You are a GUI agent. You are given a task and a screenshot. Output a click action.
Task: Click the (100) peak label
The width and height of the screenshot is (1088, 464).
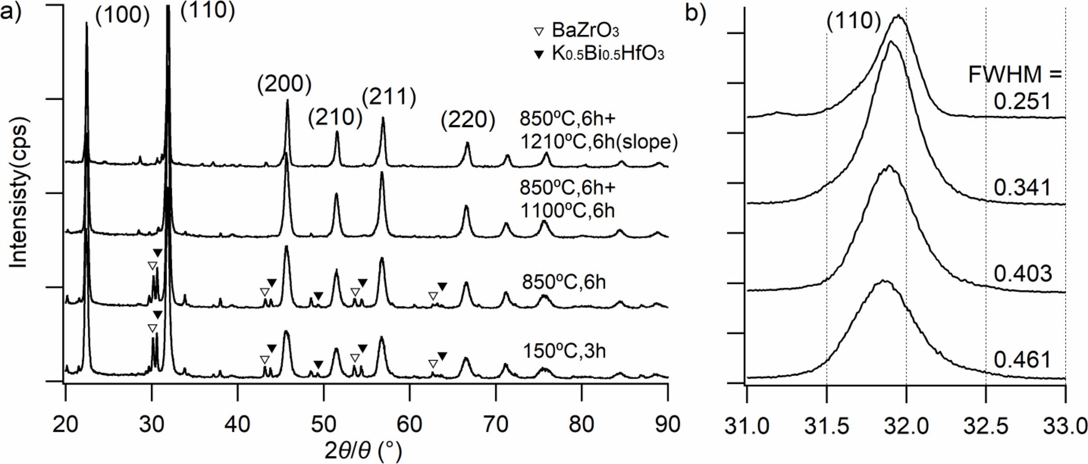(122, 16)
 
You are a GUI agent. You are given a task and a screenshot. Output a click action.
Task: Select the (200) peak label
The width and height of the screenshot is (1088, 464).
(284, 84)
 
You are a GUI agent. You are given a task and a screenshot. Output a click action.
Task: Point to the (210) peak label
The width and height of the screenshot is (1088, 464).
(335, 118)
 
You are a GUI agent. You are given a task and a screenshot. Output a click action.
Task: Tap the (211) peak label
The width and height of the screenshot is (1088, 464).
(389, 97)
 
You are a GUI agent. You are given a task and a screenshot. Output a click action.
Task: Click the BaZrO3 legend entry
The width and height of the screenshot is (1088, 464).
(578, 31)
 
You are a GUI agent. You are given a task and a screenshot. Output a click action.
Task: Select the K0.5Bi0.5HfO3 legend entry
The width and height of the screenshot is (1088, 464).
(599, 54)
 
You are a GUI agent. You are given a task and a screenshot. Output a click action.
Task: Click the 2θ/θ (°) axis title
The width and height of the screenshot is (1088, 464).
(363, 451)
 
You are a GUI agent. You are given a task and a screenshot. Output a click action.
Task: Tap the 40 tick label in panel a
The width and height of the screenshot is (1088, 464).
(238, 425)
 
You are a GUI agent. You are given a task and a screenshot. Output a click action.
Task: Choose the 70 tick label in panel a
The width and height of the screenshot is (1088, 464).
(496, 425)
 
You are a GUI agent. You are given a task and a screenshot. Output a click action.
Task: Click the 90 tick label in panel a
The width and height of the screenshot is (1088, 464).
(667, 425)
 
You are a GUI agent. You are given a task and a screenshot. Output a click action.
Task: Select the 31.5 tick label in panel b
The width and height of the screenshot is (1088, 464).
(826, 427)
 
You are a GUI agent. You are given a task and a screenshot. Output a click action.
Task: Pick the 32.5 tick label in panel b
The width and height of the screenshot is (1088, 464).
(985, 427)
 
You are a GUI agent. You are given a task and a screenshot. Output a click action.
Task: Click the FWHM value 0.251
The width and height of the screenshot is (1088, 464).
(1022, 102)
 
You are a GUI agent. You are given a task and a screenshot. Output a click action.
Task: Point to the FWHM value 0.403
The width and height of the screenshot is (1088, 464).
(1022, 273)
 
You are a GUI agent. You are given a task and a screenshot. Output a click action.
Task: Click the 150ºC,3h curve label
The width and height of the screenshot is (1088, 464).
(564, 352)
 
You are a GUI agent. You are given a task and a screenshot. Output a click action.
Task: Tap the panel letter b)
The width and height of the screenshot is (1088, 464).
(696, 13)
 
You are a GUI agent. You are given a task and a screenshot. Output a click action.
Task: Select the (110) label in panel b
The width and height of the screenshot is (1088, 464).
(854, 21)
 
